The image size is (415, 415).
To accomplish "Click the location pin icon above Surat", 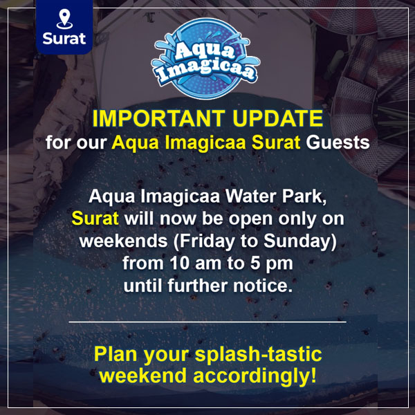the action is pos(64,19).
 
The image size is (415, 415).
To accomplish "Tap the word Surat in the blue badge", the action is pos(64,39).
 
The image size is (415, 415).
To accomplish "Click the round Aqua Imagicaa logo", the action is pos(205,59).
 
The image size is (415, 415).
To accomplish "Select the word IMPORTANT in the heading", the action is pos(158,118).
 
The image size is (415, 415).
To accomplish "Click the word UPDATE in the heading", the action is pos(278,118).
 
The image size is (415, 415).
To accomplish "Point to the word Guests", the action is pos(338,142).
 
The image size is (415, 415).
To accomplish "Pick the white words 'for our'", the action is pos(76,142).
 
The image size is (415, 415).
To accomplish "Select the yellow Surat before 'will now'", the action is pos(95,219).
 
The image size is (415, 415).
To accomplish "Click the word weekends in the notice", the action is pos(124,241).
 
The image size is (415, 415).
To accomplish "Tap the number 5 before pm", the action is pos(255,264).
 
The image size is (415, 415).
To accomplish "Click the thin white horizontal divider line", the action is pos(207,322).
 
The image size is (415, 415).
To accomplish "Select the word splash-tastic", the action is pos(258,355).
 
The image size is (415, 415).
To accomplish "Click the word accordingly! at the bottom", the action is pos(255,376).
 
